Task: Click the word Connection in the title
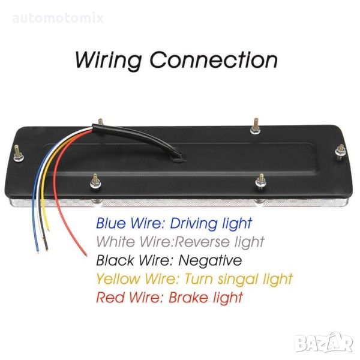(213, 60)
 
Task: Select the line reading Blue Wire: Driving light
(174, 223)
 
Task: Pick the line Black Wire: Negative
(169, 260)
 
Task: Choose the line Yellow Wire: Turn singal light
(194, 278)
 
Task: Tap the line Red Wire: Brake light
(170, 297)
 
